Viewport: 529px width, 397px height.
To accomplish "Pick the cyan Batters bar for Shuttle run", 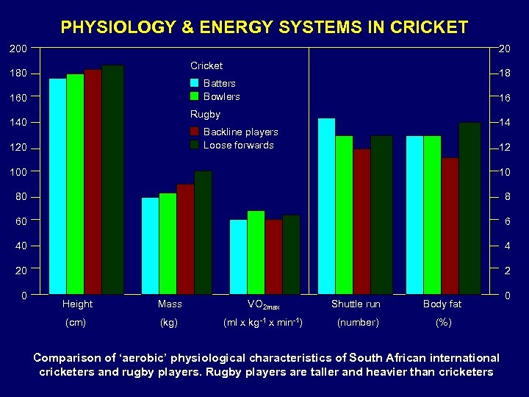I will coord(326,206).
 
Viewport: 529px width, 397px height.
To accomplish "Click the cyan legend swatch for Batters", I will coord(195,83).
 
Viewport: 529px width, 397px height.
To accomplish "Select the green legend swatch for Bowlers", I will coord(195,96).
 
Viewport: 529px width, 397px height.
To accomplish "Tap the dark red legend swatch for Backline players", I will coord(195,132).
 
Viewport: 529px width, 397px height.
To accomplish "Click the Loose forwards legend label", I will coord(238,145).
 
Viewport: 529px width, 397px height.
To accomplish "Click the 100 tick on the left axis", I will coord(18,172).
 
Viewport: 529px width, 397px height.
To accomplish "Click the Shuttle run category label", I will coord(356,304).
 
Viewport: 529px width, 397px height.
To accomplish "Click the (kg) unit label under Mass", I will coord(170,322).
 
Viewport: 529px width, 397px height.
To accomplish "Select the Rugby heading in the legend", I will coord(205,114).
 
